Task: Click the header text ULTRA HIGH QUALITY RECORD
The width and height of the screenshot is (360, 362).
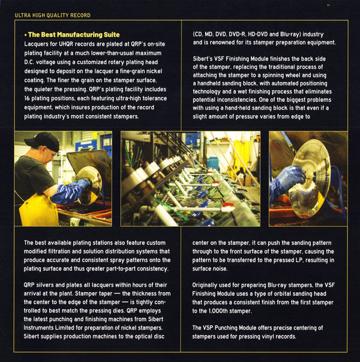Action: coord(53,15)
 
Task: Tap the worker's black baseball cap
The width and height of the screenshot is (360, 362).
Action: coord(43,141)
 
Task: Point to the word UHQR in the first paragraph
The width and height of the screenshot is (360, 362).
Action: coord(67,44)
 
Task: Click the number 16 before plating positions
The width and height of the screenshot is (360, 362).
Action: coord(27,98)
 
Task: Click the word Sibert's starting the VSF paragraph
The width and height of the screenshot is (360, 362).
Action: coord(203,59)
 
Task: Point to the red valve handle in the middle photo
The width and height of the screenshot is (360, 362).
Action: coord(227,205)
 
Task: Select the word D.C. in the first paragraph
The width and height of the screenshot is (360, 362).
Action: coord(29,62)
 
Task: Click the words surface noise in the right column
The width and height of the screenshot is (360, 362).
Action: coord(210,269)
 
